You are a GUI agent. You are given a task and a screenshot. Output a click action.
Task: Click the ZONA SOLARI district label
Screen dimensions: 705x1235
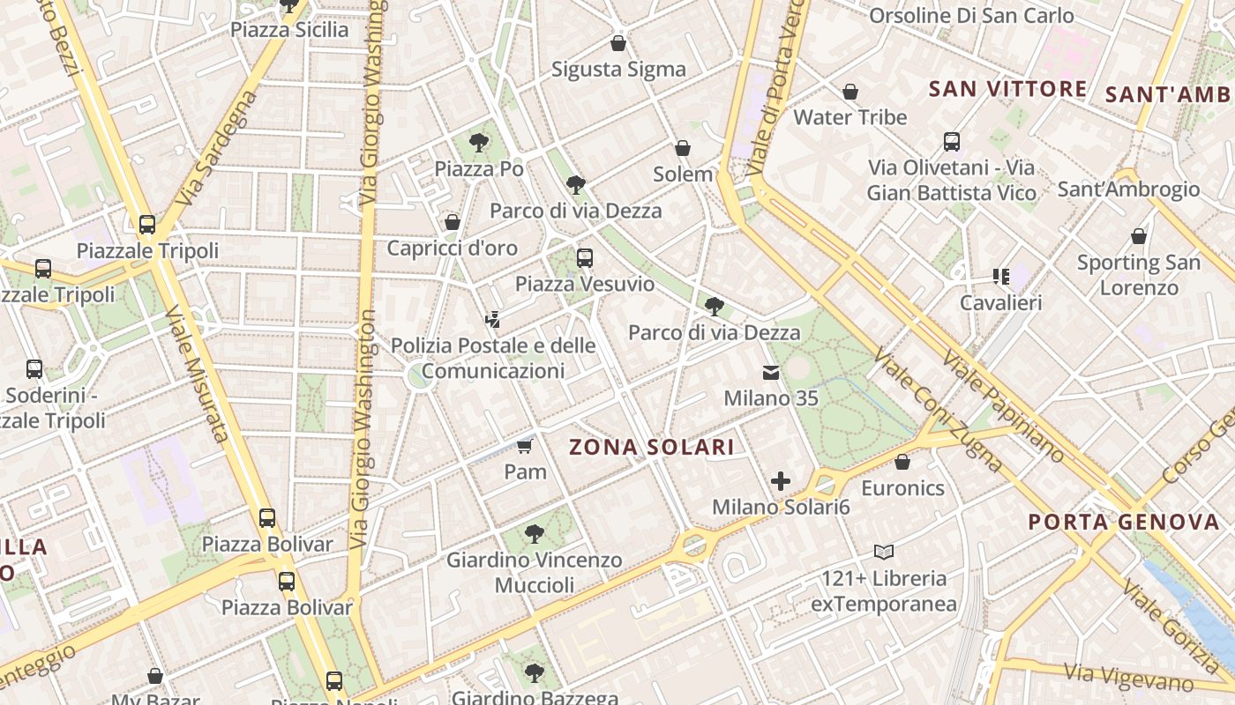[x=652, y=447]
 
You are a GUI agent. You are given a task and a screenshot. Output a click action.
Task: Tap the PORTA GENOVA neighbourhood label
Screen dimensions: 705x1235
[x=1123, y=522]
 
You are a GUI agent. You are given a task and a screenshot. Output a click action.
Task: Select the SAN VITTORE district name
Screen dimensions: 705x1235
[x=1008, y=88]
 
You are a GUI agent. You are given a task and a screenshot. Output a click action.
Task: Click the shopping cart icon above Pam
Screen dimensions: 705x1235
[x=525, y=446]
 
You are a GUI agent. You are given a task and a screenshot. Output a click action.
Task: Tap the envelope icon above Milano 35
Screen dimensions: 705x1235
[x=771, y=373]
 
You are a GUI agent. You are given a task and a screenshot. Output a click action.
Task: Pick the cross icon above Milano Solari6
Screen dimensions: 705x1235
[x=781, y=481]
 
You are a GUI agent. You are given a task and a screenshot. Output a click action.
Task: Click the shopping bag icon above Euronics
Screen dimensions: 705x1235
[x=902, y=462]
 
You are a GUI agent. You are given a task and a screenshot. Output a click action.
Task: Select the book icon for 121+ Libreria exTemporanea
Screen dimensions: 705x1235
[x=884, y=553]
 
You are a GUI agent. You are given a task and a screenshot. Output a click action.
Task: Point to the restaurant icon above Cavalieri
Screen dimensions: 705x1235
[x=1000, y=277]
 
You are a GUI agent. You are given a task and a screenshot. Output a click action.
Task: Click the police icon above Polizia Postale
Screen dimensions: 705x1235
[x=493, y=320]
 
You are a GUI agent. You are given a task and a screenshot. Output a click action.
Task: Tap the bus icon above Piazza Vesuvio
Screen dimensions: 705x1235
[x=585, y=258]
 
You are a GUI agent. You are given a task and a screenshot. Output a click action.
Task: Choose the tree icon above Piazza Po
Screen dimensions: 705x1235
[x=479, y=142]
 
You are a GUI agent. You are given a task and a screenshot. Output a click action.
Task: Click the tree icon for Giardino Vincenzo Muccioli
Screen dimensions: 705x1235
[x=534, y=533]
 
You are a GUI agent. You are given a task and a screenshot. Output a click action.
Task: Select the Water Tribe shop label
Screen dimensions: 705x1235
[x=850, y=117]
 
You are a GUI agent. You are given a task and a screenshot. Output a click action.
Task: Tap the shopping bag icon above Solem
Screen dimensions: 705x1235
[x=683, y=148]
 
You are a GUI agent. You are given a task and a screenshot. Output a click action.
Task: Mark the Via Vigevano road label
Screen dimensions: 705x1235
[x=1128, y=677]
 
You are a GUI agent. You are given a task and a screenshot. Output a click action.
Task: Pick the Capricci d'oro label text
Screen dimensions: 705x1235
[x=452, y=249]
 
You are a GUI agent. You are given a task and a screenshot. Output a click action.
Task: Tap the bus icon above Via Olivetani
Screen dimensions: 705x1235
[x=952, y=141]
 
